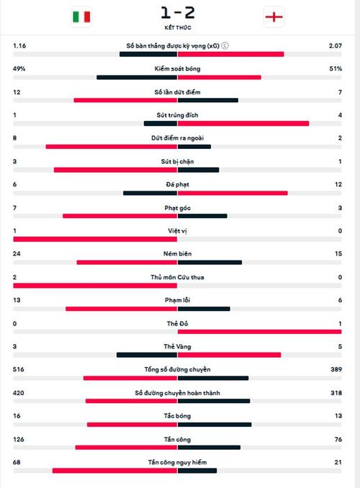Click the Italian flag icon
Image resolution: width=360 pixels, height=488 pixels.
coord(81,17)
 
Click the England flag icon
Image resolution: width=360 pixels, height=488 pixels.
coord(274,17)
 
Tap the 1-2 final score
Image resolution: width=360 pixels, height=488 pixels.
coord(178,13)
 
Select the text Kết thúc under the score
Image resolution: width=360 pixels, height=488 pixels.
coord(178,27)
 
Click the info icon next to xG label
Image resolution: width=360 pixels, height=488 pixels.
coord(225,46)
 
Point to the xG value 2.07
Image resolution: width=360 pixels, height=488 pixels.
coord(335,46)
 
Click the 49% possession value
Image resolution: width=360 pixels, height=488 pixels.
coord(19,68)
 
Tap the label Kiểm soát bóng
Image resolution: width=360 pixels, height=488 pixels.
coord(178,68)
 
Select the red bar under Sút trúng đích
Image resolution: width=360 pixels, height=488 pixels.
coord(243,124)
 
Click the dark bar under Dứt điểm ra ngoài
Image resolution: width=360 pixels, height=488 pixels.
coord(194,147)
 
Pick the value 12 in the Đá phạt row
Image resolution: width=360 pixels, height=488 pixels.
coord(338,184)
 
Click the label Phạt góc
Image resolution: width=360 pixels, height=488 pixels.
coord(178,208)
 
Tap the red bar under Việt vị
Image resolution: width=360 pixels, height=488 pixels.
coord(95,240)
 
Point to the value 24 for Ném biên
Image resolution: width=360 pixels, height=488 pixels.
coord(17,253)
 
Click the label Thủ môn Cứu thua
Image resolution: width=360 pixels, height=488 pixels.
coord(178,277)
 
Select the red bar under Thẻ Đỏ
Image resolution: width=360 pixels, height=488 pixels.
coord(259,332)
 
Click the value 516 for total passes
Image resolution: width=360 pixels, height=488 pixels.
coord(19,369)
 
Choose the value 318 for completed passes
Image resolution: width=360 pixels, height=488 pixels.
coord(336,393)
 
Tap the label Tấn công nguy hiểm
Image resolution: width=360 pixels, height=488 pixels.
coord(178,463)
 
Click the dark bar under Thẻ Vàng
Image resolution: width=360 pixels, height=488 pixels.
coord(147,355)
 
